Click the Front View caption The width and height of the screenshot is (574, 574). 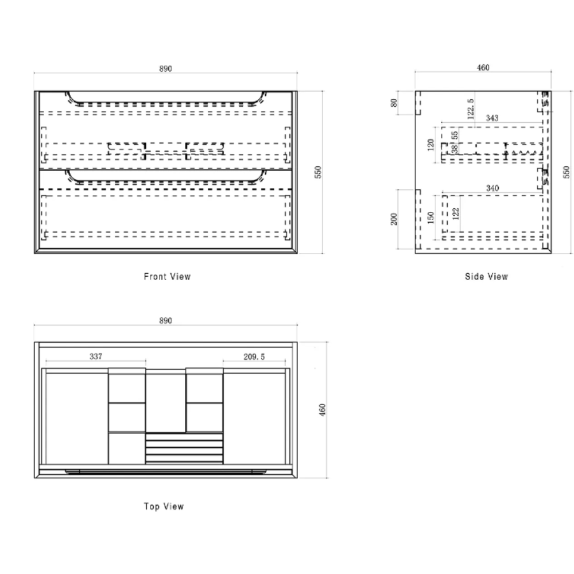pyautogui.click(x=167, y=277)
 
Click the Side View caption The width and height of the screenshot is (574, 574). pyautogui.click(x=486, y=277)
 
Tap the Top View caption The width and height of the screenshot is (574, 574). pyautogui.click(x=164, y=507)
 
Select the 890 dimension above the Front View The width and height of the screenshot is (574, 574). pyautogui.click(x=165, y=69)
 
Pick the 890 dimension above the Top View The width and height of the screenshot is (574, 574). pyautogui.click(x=165, y=321)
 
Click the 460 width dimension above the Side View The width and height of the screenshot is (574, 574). pyautogui.click(x=483, y=68)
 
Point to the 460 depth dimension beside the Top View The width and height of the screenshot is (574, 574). pyautogui.click(x=322, y=410)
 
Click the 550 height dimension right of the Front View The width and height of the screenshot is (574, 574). pyautogui.click(x=318, y=172)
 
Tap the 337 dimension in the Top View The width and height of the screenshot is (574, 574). pyautogui.click(x=96, y=356)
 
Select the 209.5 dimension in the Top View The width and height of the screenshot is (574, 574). pyautogui.click(x=254, y=357)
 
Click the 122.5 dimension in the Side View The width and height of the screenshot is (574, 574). pyautogui.click(x=471, y=108)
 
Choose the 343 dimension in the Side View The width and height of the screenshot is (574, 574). pyautogui.click(x=492, y=118)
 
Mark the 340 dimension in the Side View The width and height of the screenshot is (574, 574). pyautogui.click(x=492, y=188)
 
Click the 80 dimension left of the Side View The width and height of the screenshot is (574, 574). pyautogui.click(x=394, y=103)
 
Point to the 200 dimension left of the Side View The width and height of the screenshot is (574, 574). pyautogui.click(x=394, y=219)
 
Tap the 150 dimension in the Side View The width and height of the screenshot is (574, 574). pyautogui.click(x=430, y=217)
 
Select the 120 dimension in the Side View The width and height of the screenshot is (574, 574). pyautogui.click(x=430, y=145)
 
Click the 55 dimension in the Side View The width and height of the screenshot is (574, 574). pyautogui.click(x=455, y=135)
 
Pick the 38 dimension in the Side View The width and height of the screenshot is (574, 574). pyautogui.click(x=455, y=149)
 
